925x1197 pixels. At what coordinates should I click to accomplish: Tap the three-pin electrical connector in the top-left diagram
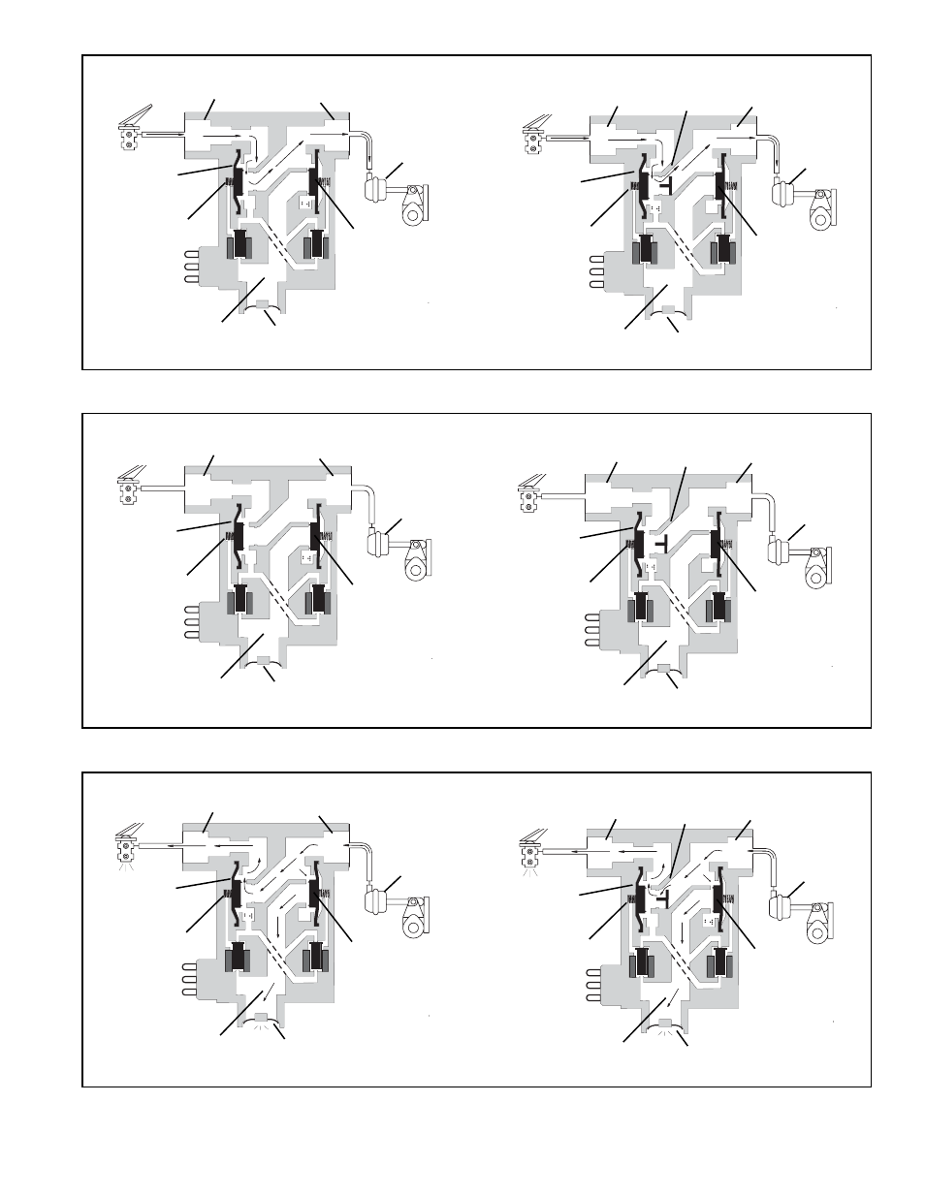(189, 268)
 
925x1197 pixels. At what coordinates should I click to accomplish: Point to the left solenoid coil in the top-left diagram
(239, 247)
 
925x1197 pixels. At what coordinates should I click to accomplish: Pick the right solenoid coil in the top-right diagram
(721, 250)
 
